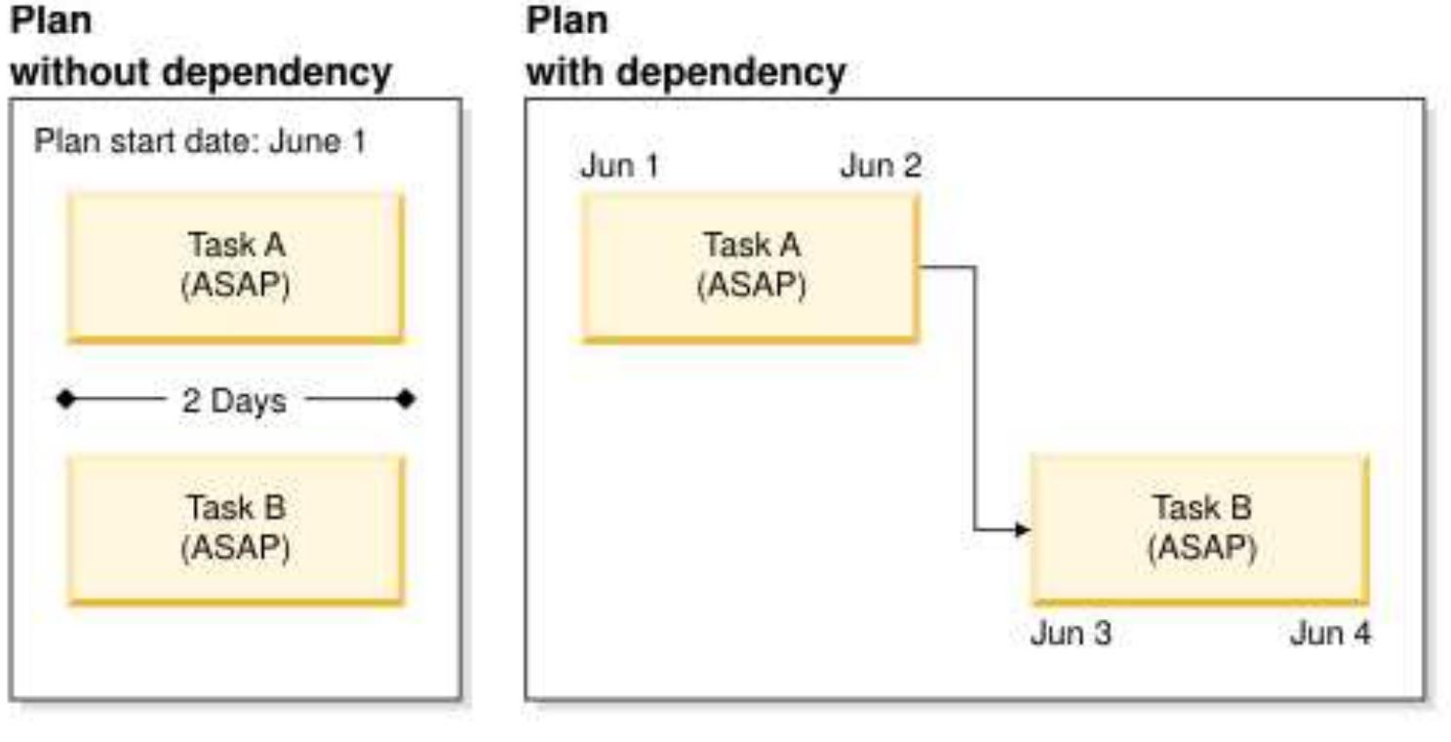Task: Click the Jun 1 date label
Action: point(619,167)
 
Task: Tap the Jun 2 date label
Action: point(881,167)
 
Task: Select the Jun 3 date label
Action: point(1070,634)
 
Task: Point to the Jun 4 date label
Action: point(1330,634)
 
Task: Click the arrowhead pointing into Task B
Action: point(1022,530)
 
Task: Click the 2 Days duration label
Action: point(234,401)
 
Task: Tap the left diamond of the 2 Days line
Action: point(64,400)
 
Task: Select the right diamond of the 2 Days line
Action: point(407,400)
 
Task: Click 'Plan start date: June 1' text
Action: point(200,142)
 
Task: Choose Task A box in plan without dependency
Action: point(234,266)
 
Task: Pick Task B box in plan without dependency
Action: point(234,528)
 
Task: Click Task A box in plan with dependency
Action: point(750,266)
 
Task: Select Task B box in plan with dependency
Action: point(1200,528)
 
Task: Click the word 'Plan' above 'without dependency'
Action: point(51,20)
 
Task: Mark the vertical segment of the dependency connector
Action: point(975,400)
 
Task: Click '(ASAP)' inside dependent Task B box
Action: point(1200,549)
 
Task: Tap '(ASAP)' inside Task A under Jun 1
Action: point(750,287)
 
